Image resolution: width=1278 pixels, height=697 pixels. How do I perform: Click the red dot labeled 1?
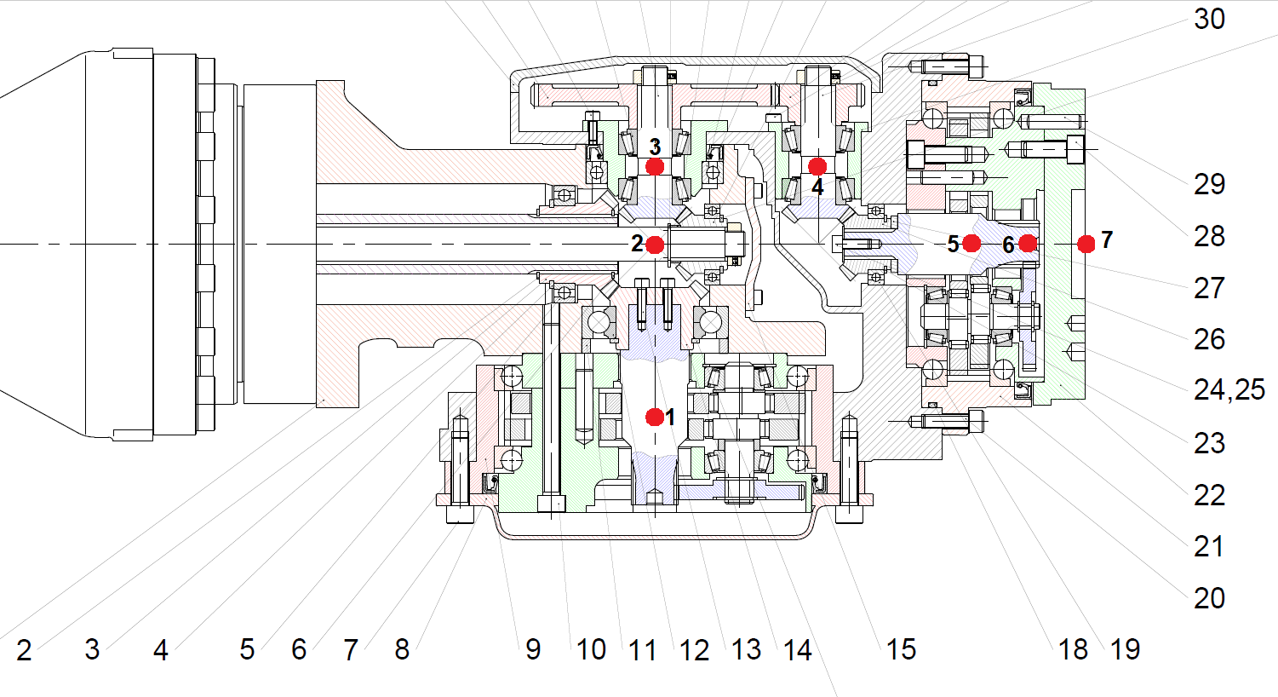(x=655, y=417)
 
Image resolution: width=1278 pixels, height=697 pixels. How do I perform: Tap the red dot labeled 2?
(x=655, y=245)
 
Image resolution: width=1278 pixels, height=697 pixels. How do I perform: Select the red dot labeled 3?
(x=655, y=166)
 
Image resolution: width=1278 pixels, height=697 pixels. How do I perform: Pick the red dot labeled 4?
(x=817, y=166)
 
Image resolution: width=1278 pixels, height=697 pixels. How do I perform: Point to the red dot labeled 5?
(x=971, y=244)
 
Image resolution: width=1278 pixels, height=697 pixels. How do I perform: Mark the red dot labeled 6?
(x=1028, y=244)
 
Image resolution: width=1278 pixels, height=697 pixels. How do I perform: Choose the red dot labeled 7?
(x=1086, y=245)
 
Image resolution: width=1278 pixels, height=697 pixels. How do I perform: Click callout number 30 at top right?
(x=1209, y=19)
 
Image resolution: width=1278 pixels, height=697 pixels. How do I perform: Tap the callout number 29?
(x=1209, y=184)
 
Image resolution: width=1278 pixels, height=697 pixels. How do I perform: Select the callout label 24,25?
(x=1229, y=390)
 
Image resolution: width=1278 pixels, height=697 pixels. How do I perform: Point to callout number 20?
(x=1209, y=598)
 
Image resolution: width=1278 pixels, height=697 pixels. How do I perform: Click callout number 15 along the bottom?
(x=901, y=650)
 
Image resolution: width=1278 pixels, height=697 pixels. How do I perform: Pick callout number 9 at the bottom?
(x=533, y=650)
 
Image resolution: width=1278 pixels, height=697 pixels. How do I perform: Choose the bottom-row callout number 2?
(x=24, y=650)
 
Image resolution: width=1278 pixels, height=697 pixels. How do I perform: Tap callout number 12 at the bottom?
(x=694, y=651)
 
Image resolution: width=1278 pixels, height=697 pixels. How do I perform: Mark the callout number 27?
(x=1209, y=288)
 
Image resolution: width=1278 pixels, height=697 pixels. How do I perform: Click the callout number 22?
(x=1209, y=495)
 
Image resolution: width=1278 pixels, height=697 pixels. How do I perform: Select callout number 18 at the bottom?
(x=1073, y=650)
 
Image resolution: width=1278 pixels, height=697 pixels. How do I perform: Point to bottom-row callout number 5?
(x=247, y=650)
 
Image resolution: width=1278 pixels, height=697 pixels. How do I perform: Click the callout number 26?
(x=1209, y=339)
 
